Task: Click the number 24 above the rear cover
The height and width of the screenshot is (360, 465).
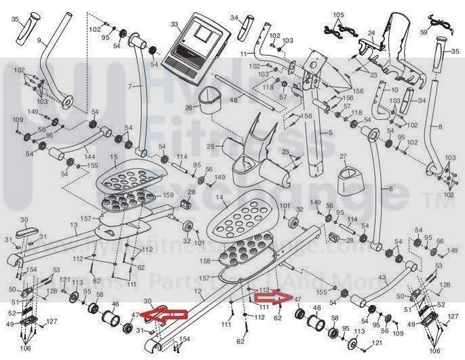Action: [x=371, y=33]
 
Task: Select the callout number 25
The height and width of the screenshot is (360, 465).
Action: [x=211, y=147]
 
